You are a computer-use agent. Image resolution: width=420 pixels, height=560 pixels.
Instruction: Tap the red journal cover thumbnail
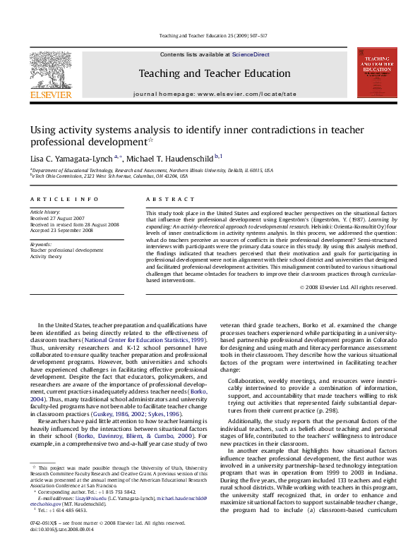pos(376,73)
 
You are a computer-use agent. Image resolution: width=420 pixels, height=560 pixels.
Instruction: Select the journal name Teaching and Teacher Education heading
pos(214,73)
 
